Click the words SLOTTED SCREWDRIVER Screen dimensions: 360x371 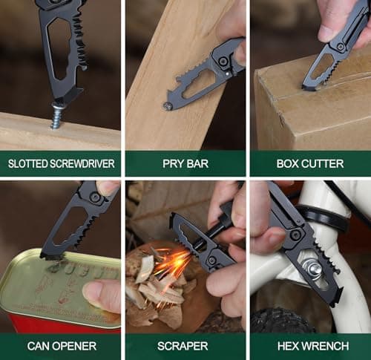(60, 163)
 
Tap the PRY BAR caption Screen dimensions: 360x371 (185, 163)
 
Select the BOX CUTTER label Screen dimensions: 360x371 (309, 163)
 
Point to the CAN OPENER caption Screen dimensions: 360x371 (60, 345)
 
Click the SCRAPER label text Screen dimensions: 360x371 (185, 345)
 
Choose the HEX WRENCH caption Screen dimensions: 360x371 (309, 345)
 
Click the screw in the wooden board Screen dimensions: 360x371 (57, 116)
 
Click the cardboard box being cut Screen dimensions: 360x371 (312, 111)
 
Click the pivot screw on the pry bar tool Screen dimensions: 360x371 (223, 62)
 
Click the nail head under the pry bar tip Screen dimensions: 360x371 (168, 106)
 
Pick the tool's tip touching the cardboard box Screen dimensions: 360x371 (305, 86)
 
